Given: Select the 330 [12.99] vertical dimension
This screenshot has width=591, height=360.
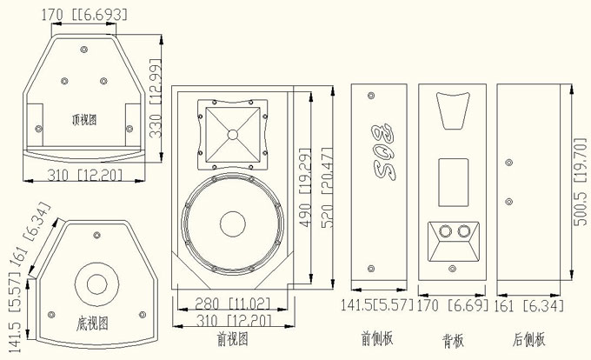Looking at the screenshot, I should [155, 98].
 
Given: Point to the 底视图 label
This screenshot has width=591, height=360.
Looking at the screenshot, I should [91, 323].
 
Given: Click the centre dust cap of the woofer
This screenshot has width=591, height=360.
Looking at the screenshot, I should [232, 223].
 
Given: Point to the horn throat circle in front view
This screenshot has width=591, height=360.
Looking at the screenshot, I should [232, 134].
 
